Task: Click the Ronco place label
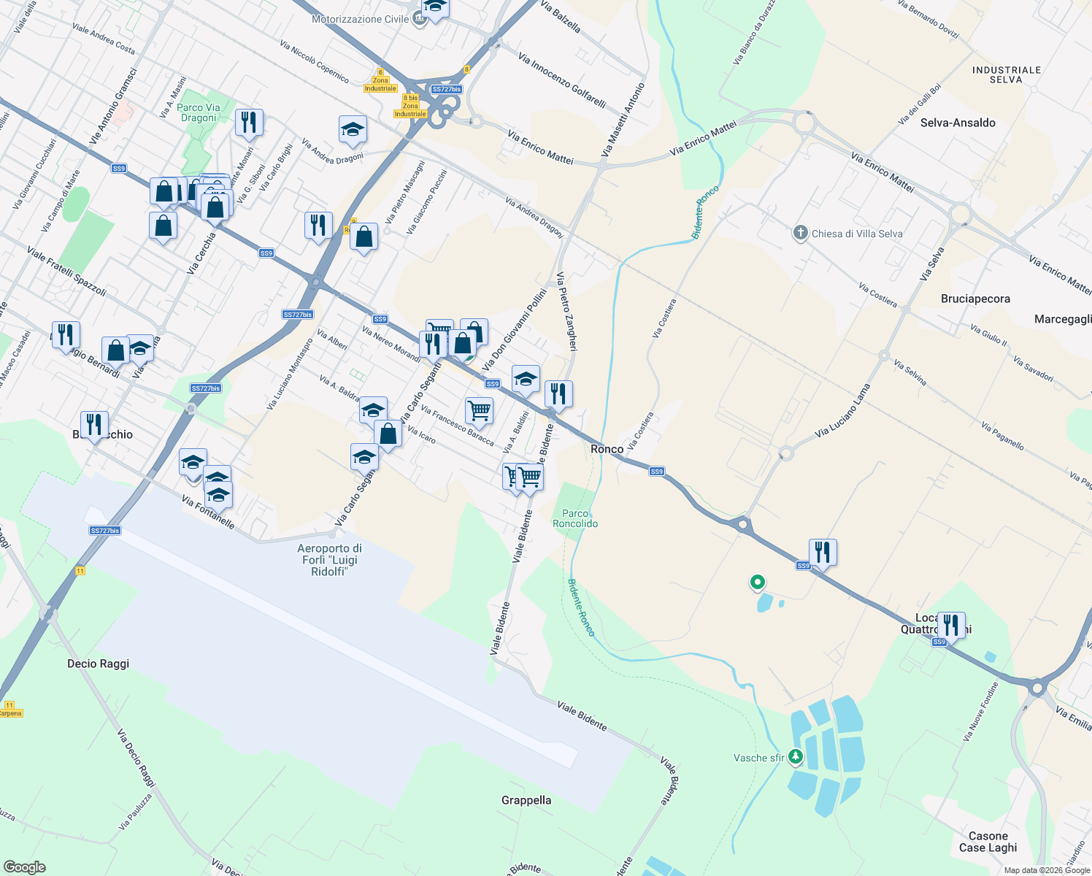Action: click(607, 449)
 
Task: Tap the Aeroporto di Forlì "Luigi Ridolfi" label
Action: click(329, 560)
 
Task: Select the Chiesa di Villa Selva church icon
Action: click(800, 234)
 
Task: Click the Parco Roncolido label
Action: click(575, 518)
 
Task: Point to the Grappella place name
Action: click(526, 800)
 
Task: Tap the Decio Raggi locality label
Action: click(98, 664)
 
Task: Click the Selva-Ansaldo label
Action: click(958, 123)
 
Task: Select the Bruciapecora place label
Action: click(975, 299)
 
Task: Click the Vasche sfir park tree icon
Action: click(796, 757)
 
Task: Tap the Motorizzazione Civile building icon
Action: click(419, 19)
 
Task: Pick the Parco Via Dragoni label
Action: click(199, 112)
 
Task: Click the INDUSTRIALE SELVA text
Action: click(1006, 74)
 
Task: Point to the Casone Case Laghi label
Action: click(988, 842)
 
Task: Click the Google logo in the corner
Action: click(24, 867)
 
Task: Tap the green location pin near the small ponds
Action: click(757, 582)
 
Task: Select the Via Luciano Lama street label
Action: click(842, 411)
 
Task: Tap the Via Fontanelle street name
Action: click(208, 512)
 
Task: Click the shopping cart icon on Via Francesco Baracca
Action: click(479, 410)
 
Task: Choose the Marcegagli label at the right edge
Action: click(1063, 319)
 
